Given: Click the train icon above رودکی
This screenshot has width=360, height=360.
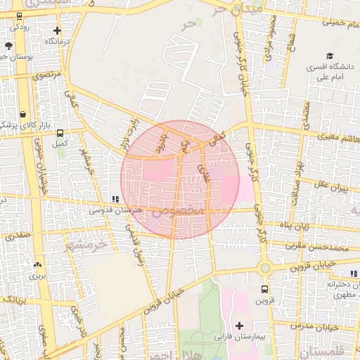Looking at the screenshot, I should (x=19, y=16).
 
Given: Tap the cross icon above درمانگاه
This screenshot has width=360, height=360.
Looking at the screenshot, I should (x=57, y=31).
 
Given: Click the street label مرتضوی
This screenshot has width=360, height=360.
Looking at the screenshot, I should (x=48, y=73).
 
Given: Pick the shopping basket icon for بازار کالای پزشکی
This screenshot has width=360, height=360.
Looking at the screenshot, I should (x=23, y=113).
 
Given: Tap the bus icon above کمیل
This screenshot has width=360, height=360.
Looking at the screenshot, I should (x=60, y=132).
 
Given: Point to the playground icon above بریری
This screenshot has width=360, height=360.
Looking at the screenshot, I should (x=37, y=265).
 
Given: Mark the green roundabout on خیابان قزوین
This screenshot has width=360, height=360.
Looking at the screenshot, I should (x=265, y=268).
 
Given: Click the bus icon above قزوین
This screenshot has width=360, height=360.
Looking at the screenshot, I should (x=264, y=289).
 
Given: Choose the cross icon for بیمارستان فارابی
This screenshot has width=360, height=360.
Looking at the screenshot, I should (x=240, y=326).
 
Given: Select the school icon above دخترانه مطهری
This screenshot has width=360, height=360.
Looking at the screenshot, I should (x=353, y=274).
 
